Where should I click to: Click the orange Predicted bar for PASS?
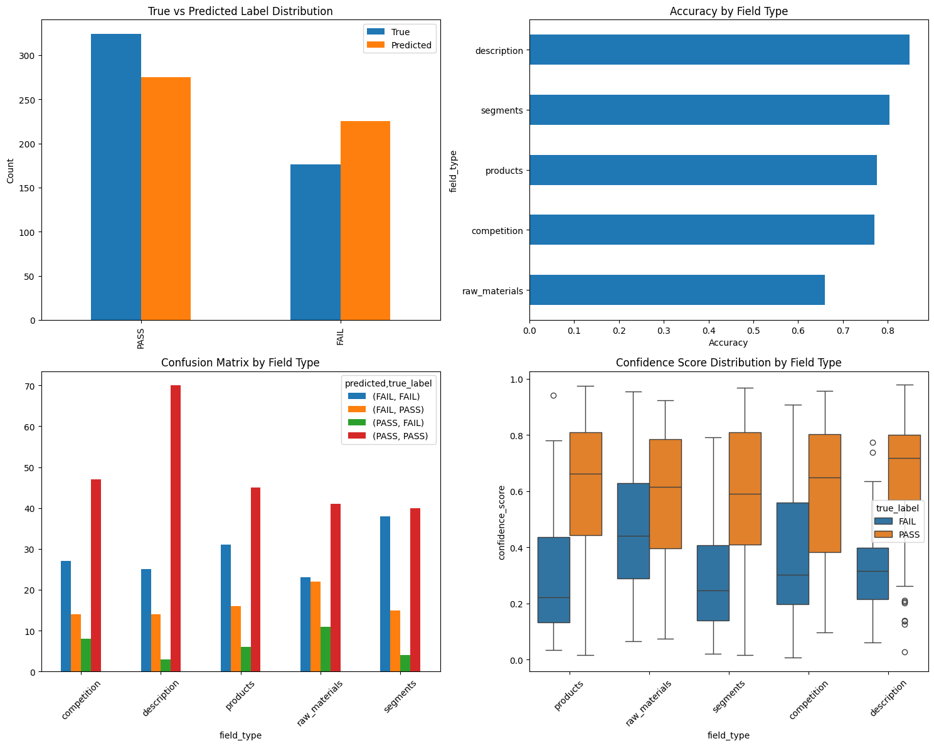point(166,199)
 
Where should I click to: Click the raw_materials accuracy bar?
point(677,290)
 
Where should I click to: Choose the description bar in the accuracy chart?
point(719,50)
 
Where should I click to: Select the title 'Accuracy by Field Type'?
point(728,11)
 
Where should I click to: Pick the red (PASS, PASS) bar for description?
point(176,528)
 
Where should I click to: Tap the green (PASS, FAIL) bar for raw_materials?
point(326,649)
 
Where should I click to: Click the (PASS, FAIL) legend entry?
point(398,423)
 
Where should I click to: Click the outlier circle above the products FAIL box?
point(553,395)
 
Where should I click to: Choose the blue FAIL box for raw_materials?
point(633,531)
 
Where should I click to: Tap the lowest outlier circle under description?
point(904,652)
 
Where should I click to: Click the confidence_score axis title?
point(501,523)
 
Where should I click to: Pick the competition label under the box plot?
point(808,703)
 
